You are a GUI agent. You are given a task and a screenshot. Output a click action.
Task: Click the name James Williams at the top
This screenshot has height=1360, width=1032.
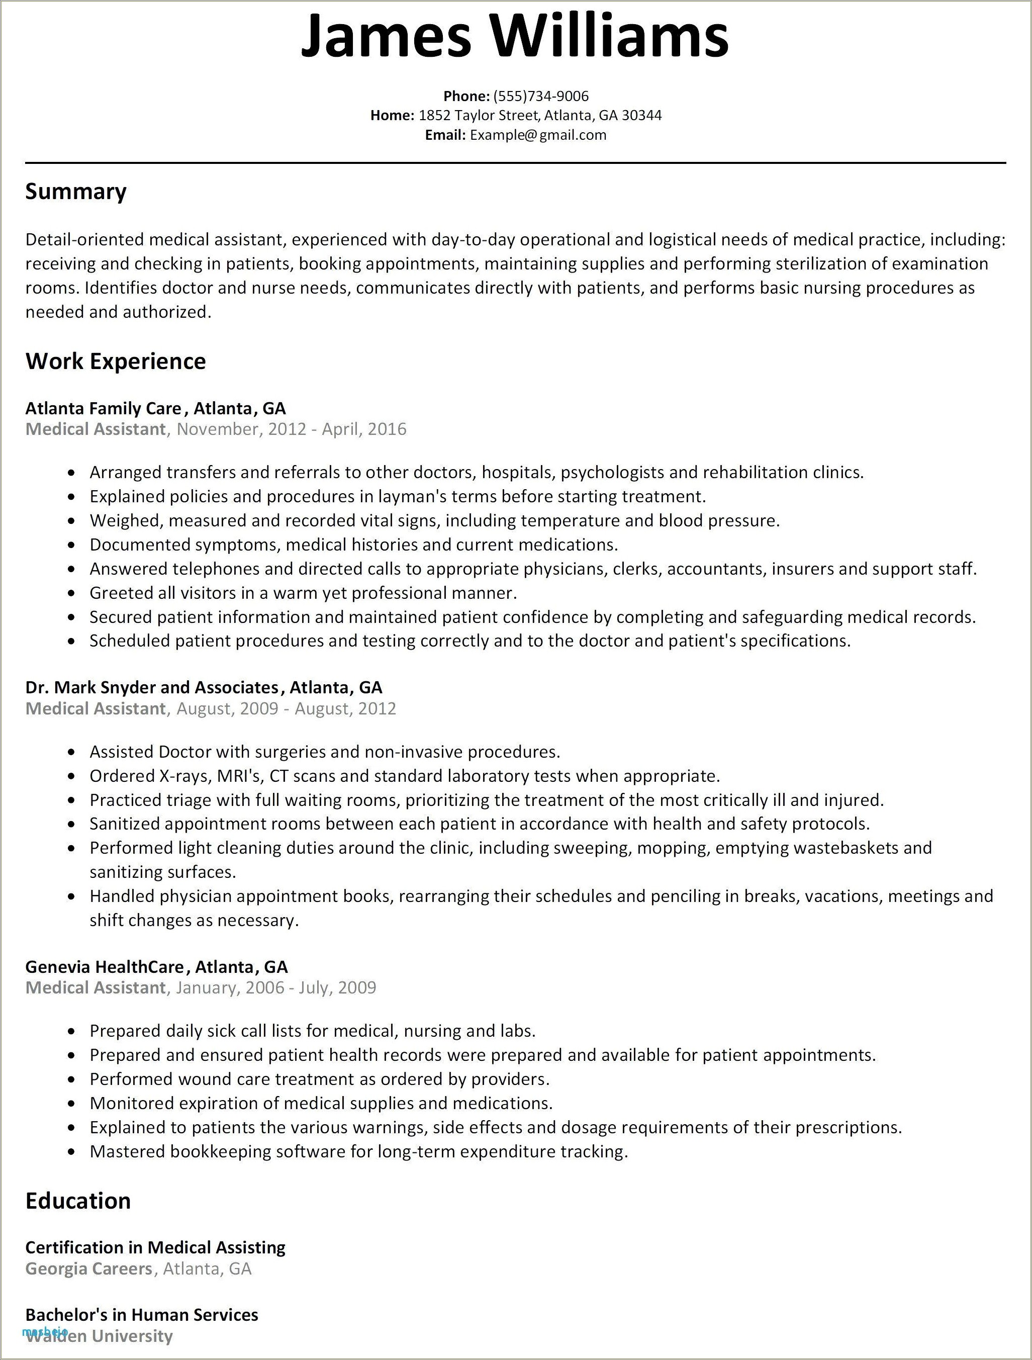(x=514, y=35)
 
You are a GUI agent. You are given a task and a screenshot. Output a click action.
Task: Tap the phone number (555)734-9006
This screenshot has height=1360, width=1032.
(x=541, y=96)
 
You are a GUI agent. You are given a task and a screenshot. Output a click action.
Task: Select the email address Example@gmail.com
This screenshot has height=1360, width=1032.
(x=538, y=135)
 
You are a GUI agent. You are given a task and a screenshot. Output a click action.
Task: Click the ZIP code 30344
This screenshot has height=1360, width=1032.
(x=642, y=116)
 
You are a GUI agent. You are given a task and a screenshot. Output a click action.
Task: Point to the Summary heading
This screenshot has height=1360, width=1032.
(x=75, y=192)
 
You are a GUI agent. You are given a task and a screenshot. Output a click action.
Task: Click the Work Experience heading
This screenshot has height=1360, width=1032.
(x=116, y=361)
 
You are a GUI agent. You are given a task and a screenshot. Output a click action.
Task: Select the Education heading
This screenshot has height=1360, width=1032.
(x=78, y=1201)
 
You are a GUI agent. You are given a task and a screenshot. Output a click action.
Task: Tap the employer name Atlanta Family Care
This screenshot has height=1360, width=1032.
(x=103, y=408)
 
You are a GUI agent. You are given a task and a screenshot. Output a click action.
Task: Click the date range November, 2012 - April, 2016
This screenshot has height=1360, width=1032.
(x=292, y=429)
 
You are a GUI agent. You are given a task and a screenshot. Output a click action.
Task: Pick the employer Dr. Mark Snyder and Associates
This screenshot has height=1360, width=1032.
(x=152, y=687)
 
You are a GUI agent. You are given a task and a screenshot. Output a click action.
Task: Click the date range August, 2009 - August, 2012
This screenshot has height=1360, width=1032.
(x=286, y=708)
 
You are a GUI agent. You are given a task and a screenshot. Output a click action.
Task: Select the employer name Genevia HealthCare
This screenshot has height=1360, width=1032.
(x=105, y=966)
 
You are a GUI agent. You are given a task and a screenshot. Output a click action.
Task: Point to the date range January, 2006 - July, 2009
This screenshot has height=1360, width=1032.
(x=276, y=987)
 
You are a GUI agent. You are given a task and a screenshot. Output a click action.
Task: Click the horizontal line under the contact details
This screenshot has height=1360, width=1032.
(x=515, y=163)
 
